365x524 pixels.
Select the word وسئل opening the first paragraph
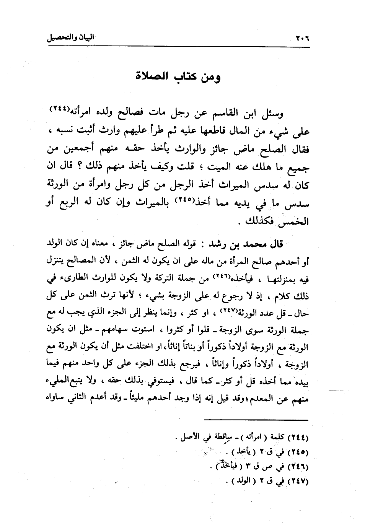[x=272, y=114]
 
